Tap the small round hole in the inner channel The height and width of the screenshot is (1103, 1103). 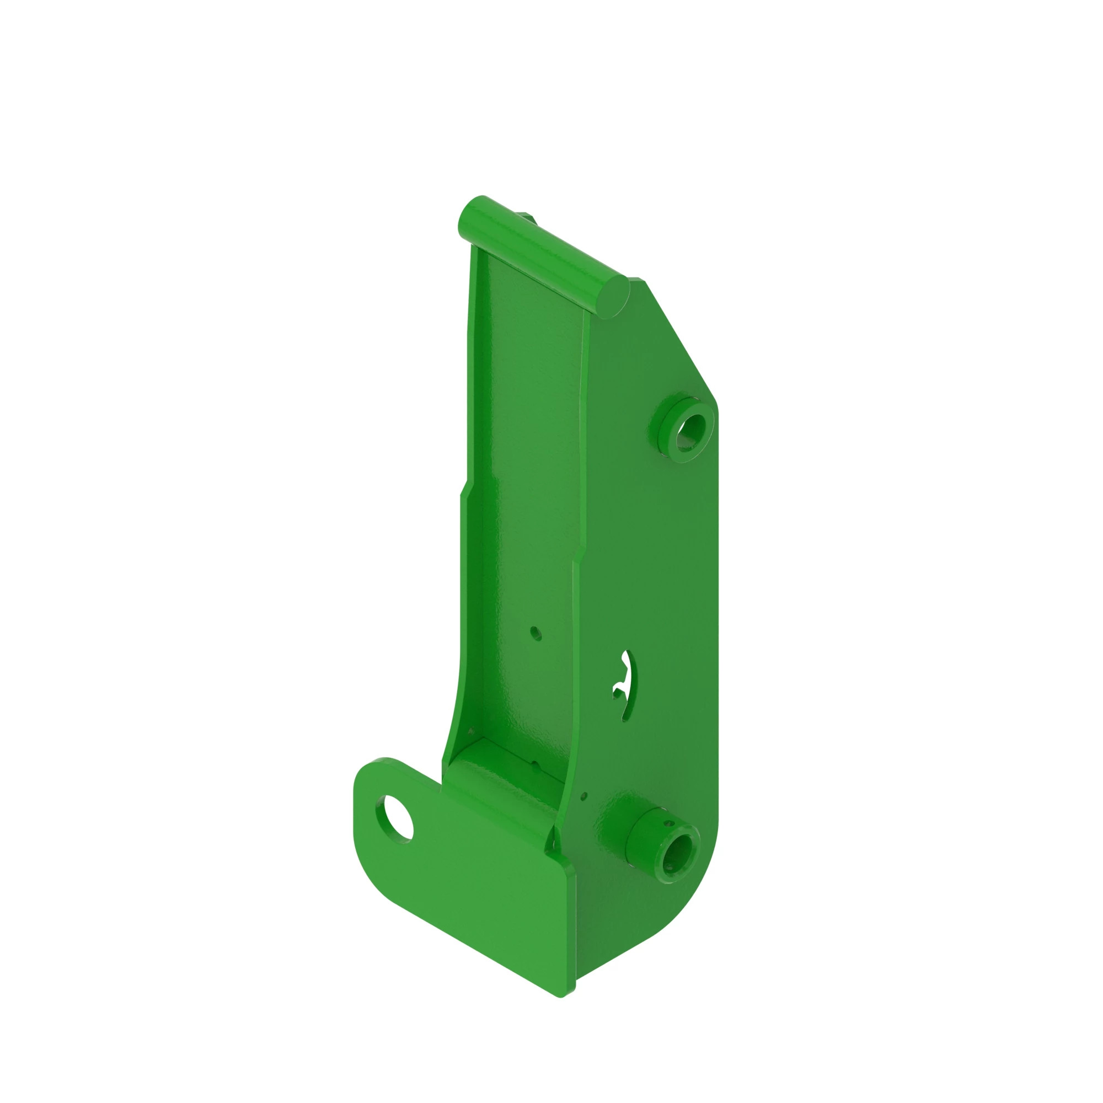tap(535, 632)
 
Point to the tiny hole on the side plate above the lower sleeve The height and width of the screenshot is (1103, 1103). tap(583, 794)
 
